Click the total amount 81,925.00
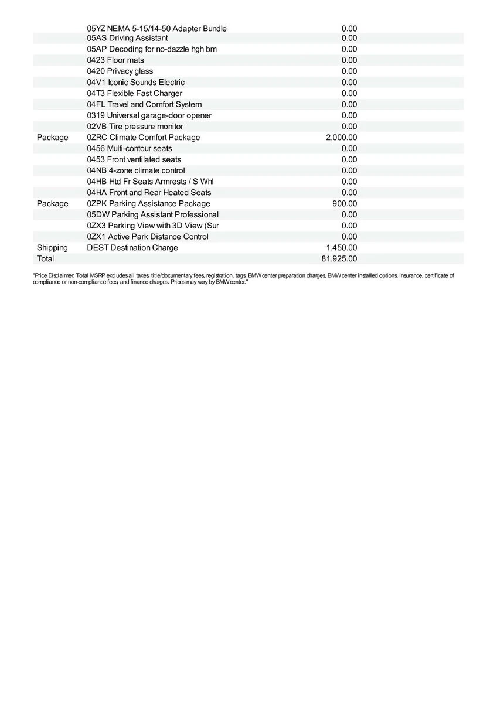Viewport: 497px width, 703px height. (x=339, y=259)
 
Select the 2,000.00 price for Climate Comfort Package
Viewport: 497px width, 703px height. (x=341, y=138)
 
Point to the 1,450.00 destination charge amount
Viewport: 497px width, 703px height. (x=341, y=248)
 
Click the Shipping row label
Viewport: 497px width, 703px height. (x=52, y=248)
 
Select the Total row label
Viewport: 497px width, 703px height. (x=45, y=259)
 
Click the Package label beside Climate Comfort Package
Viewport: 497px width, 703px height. (x=52, y=138)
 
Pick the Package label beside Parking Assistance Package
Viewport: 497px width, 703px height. (x=52, y=204)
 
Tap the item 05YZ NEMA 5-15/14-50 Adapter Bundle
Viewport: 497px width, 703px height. (x=156, y=29)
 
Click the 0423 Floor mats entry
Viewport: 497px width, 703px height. (x=115, y=60)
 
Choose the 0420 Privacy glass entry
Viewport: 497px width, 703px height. (x=120, y=71)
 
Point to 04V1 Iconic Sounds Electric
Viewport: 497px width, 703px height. (x=135, y=83)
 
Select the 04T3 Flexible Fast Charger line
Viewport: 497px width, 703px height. (x=134, y=94)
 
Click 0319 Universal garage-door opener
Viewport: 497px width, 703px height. (x=149, y=115)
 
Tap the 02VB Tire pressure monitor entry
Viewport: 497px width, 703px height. (x=135, y=127)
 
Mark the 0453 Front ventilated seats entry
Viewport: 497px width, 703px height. (x=134, y=159)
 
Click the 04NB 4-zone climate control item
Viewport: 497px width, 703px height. (x=135, y=170)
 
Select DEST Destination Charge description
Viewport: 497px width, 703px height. (x=132, y=248)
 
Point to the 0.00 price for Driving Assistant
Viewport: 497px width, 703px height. (x=349, y=38)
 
